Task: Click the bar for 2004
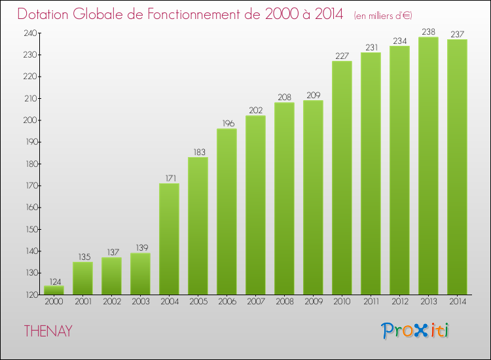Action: [169, 239]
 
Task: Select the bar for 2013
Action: [428, 166]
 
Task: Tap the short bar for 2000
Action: [54, 290]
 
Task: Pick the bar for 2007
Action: [255, 205]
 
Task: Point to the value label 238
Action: [428, 31]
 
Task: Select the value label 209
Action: [313, 94]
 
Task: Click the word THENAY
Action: [48, 331]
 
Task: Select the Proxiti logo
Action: [415, 331]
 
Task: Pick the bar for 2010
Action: [342, 177]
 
